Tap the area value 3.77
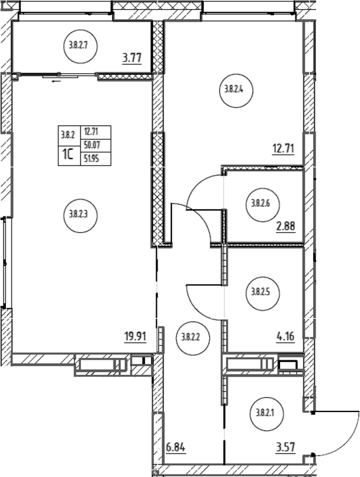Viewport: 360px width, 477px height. pyautogui.click(x=132, y=58)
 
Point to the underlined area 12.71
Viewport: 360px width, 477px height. pyautogui.click(x=282, y=150)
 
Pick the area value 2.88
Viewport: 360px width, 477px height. pyautogui.click(x=286, y=227)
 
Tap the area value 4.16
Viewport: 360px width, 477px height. pyautogui.click(x=285, y=337)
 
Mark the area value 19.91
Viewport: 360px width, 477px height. pyautogui.click(x=136, y=337)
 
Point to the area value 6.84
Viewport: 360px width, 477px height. pyautogui.click(x=175, y=448)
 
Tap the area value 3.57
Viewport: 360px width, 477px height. pyautogui.click(x=285, y=448)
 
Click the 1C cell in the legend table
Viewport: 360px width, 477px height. pyautogui.click(x=69, y=155)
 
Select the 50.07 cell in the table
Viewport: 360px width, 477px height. pyautogui.click(x=96, y=146)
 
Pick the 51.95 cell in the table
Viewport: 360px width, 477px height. pyautogui.click(x=96, y=158)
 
